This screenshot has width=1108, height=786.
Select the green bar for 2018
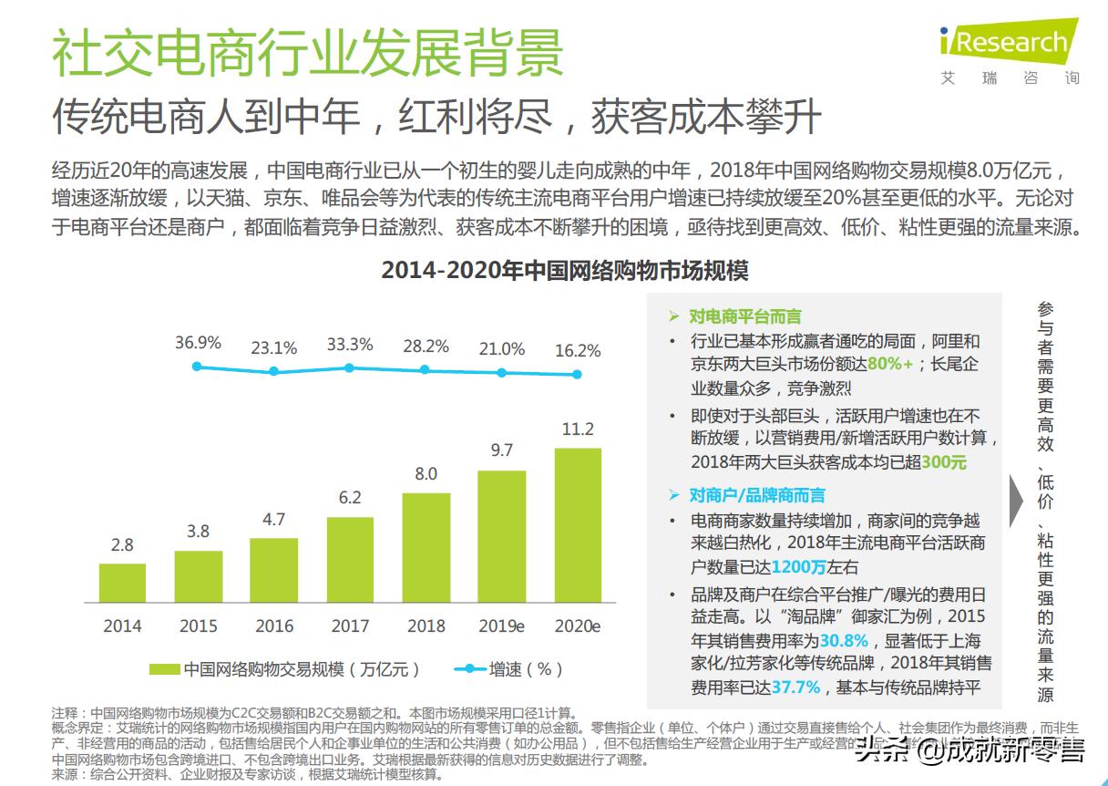point(426,547)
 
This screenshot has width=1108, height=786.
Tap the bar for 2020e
point(578,524)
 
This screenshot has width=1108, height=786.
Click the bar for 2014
point(122,582)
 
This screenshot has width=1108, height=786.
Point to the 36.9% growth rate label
point(198,343)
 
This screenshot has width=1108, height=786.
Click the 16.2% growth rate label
point(578,350)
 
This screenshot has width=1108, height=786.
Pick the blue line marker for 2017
point(349,367)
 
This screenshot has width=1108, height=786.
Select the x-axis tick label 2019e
point(502,626)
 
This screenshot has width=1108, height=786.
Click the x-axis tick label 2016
point(274,626)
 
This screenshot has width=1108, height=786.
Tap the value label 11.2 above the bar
point(578,429)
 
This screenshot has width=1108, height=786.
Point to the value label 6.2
point(350,498)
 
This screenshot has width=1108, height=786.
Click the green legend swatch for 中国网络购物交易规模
point(165,669)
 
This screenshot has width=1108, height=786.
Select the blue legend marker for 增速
point(469,669)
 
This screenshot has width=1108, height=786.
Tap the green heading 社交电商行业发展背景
point(307,53)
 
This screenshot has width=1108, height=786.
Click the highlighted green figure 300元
point(944,462)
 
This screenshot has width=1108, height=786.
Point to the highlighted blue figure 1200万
point(798,566)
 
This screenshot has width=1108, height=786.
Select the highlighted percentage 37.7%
point(796,688)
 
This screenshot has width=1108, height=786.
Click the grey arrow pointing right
point(1017,501)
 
